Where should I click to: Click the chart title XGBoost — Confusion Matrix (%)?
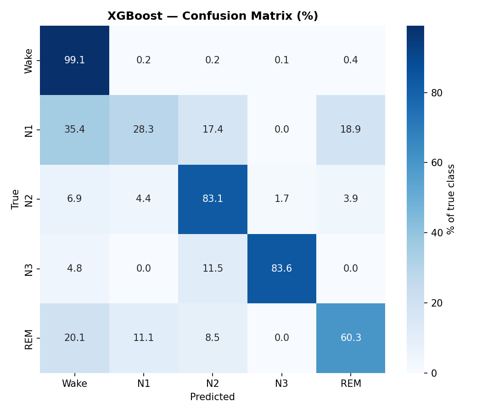click(x=213, y=16)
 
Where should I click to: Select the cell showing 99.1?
click(x=74, y=60)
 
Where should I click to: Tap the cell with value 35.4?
click(x=74, y=129)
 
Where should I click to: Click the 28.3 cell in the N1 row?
click(x=144, y=129)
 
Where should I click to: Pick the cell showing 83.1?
click(x=213, y=199)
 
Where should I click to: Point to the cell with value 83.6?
click(x=282, y=268)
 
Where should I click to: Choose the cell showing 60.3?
click(x=351, y=338)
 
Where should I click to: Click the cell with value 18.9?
click(x=351, y=129)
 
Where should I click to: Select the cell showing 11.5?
click(x=213, y=268)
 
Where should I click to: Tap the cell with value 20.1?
click(x=74, y=338)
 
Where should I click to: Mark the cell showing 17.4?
click(x=213, y=129)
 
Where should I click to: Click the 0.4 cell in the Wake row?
click(x=351, y=60)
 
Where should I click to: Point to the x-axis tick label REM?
click(x=351, y=384)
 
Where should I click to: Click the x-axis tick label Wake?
click(x=74, y=384)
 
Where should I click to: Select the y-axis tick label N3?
click(x=29, y=269)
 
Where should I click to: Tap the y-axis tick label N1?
click(x=29, y=130)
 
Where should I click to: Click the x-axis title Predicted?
click(x=213, y=397)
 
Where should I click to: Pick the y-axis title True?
click(x=16, y=199)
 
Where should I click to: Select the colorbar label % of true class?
click(x=451, y=199)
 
